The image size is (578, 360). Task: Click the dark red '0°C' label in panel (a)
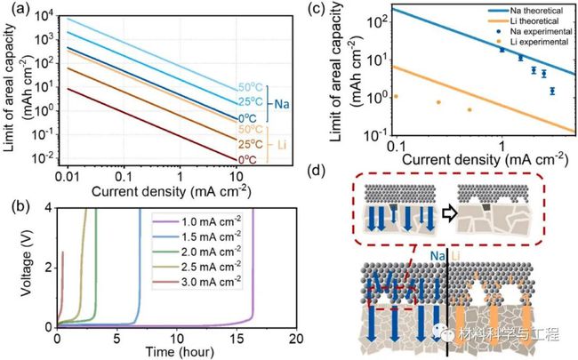246,159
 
